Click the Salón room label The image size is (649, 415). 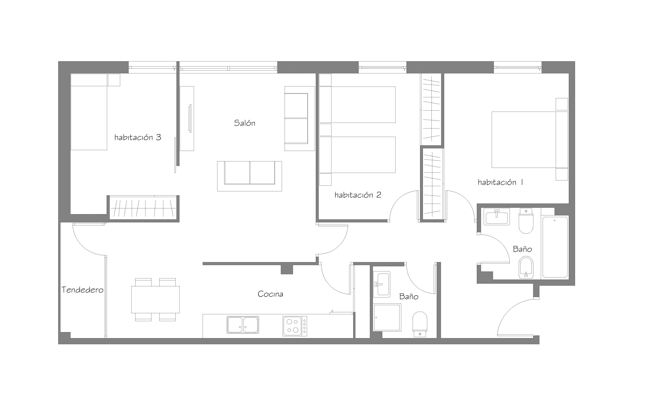pyautogui.click(x=244, y=123)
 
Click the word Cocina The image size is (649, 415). pyautogui.click(x=270, y=294)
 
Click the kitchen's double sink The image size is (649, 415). pyautogui.click(x=243, y=325)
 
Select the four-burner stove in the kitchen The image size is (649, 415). pyautogui.click(x=295, y=326)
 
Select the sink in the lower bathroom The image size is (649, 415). pyautogui.click(x=382, y=284)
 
